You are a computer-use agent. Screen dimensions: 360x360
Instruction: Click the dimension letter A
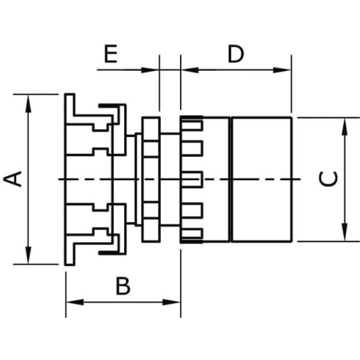13,179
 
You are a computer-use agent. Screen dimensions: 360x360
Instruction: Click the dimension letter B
123,286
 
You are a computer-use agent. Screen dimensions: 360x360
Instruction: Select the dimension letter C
328,178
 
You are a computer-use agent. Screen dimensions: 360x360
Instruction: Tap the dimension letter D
236,54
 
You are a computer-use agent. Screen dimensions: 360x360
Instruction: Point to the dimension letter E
111,54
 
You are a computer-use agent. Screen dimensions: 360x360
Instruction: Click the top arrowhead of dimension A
28,104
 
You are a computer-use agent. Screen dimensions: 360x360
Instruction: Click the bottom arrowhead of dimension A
28,255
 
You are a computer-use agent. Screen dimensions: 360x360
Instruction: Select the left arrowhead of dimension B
75,302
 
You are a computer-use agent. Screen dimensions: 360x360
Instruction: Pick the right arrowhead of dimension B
171,302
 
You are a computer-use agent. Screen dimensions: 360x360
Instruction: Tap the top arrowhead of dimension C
344,127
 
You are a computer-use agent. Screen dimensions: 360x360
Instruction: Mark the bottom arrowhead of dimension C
344,233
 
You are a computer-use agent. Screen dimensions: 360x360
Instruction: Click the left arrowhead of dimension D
190,70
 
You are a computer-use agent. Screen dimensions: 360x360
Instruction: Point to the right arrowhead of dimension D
282,70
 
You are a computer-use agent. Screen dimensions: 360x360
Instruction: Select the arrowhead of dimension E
150,70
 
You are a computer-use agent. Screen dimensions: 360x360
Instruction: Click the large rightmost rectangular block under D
262,179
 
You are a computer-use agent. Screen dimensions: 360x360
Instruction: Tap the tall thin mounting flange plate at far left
69,179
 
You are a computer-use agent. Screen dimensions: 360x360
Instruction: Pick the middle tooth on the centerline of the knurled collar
192,179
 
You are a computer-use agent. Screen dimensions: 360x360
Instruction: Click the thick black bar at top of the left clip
108,106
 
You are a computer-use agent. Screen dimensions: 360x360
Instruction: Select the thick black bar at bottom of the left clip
108,252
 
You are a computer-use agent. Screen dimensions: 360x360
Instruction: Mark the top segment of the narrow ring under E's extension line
151,128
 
